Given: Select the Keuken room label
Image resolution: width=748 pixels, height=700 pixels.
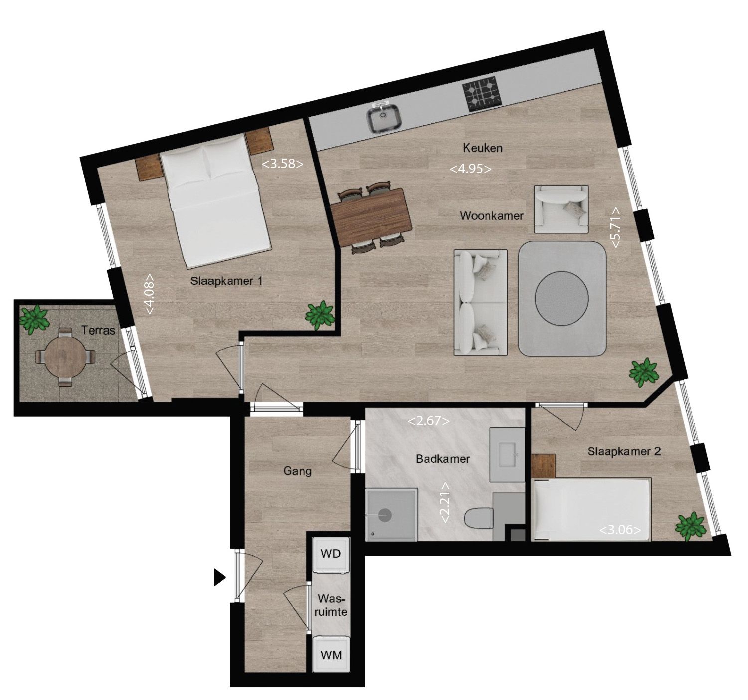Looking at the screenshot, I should (482, 148).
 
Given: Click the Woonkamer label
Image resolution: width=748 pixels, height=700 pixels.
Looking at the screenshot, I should (492, 216).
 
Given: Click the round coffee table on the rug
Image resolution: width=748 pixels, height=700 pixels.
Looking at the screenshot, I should (562, 298).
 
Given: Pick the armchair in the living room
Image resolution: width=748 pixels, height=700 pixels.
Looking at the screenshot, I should (561, 209).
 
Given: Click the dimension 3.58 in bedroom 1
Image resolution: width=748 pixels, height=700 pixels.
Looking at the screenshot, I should (282, 164).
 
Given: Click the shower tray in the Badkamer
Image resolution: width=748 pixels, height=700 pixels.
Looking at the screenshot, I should (391, 515).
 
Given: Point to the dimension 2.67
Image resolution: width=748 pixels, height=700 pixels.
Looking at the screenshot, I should (428, 421).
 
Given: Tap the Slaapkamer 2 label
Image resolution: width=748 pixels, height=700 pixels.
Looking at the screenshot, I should (624, 452).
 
